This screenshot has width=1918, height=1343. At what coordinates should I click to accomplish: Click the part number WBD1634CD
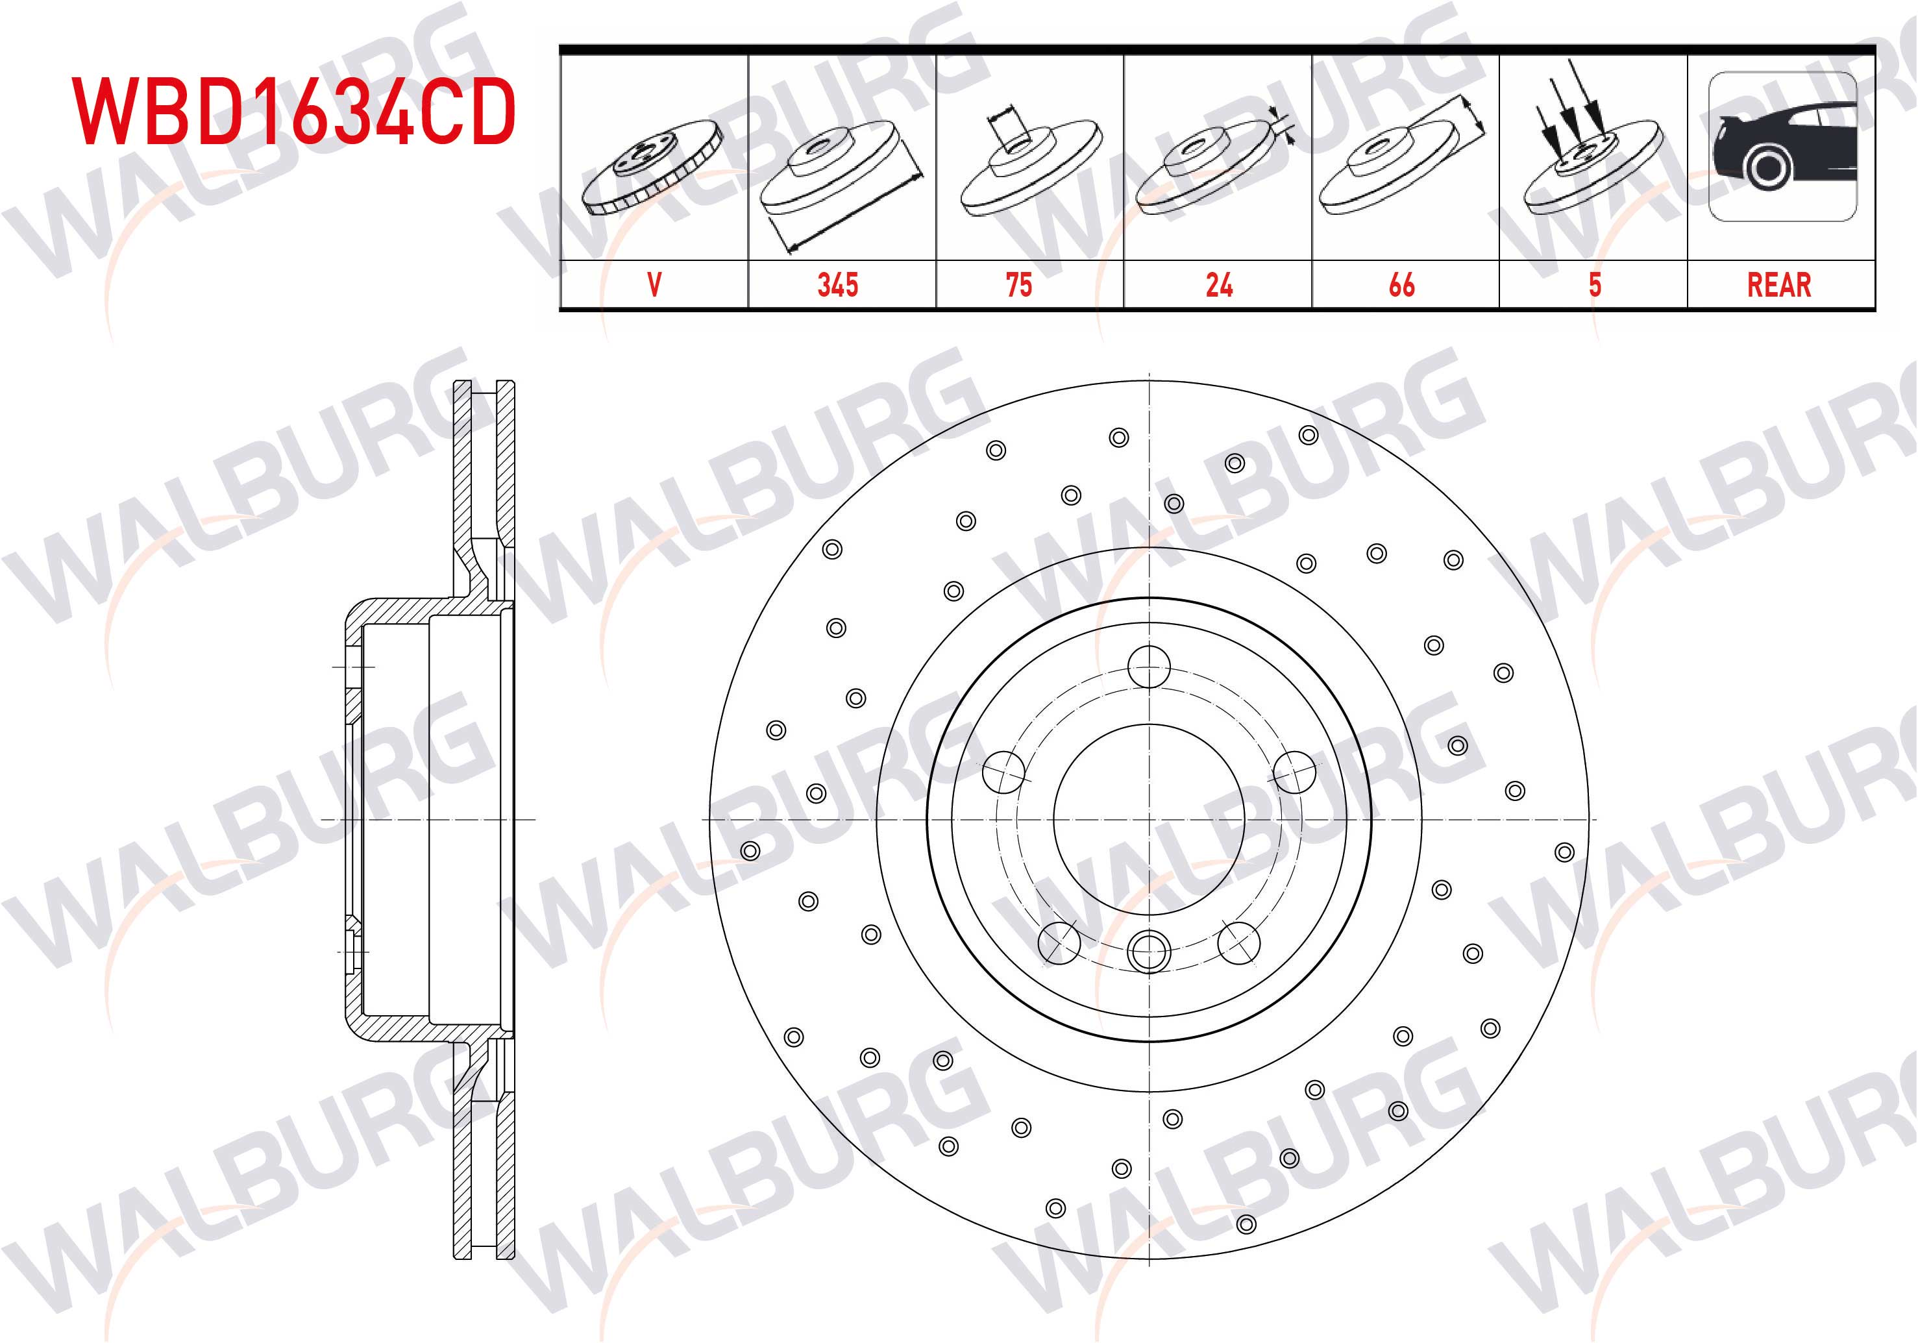(294, 112)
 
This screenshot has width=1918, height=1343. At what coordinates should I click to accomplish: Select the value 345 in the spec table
(838, 285)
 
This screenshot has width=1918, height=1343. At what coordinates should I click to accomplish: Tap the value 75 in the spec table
(1019, 285)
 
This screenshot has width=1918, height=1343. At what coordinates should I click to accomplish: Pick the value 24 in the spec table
(1219, 285)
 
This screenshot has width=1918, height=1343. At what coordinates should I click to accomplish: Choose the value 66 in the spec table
(1402, 285)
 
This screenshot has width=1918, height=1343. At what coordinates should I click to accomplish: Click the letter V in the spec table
(654, 285)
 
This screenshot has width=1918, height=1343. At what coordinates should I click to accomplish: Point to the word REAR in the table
(1779, 285)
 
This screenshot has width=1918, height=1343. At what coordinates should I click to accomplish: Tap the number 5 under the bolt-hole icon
(1595, 285)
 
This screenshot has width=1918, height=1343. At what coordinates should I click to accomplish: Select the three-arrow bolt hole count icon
(1592, 137)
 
